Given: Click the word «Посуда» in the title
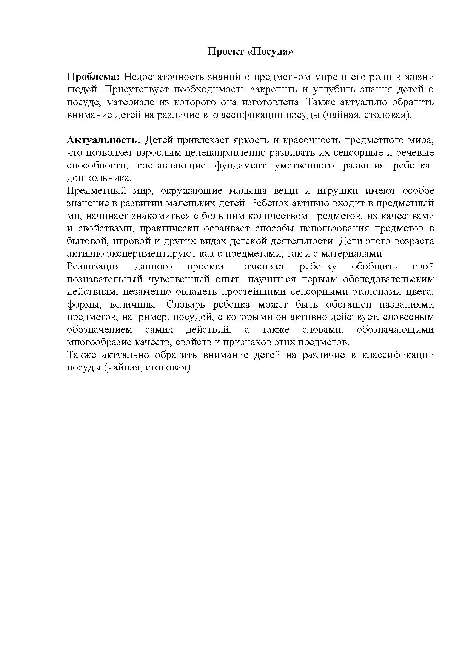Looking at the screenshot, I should (x=271, y=52).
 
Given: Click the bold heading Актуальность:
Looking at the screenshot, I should (x=103, y=140).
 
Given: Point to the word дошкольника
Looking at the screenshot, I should (x=99, y=178).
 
